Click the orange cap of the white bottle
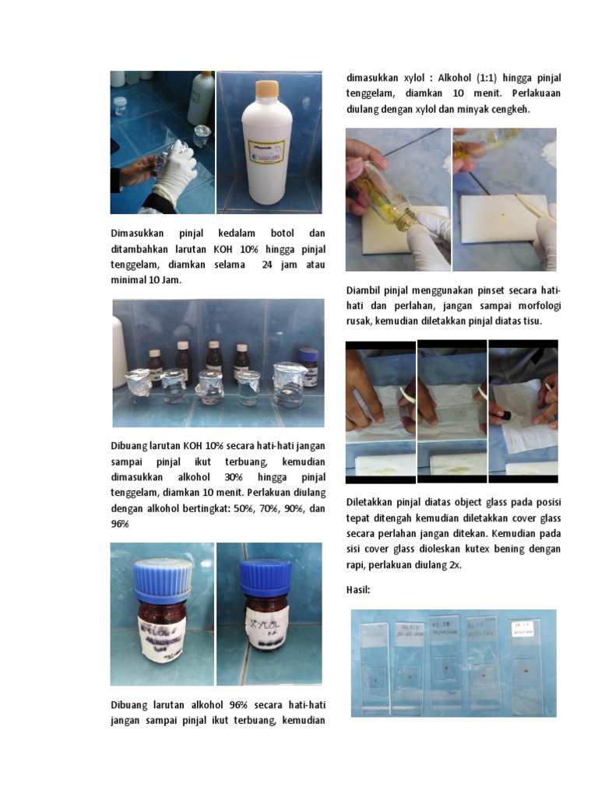point(268,88)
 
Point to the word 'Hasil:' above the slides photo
point(358,591)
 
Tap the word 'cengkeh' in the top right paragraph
point(508,109)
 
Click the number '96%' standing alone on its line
point(120,524)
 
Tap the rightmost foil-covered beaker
point(287,385)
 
